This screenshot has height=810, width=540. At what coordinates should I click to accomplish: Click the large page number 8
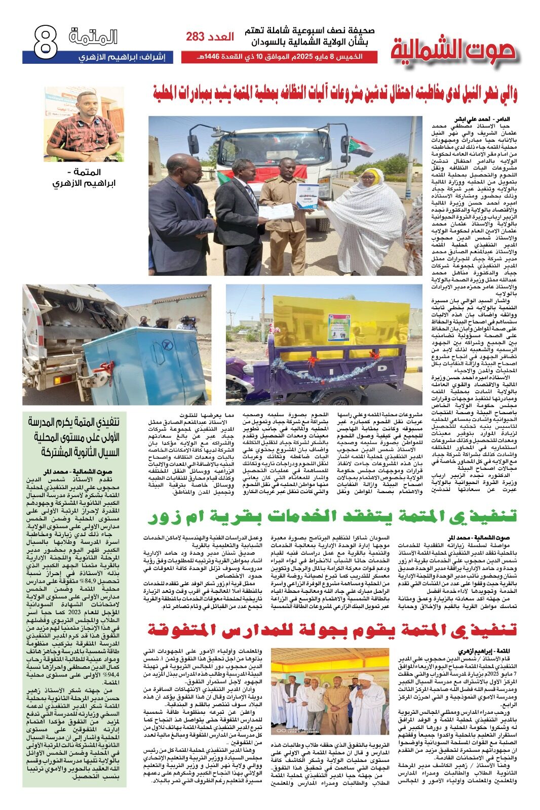(x=45, y=42)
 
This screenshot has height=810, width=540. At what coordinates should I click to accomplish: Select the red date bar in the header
(x=279, y=57)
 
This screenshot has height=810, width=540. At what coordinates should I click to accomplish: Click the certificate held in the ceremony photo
(x=307, y=196)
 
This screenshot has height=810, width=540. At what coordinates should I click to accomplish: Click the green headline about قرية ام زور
(x=332, y=517)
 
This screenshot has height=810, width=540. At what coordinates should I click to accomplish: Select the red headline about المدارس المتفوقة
(x=332, y=630)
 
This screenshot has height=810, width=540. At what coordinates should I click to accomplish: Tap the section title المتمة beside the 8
(x=93, y=37)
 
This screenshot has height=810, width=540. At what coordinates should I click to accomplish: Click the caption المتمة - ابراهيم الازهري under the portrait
(x=84, y=178)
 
